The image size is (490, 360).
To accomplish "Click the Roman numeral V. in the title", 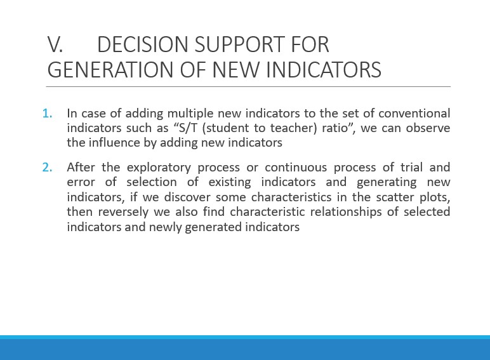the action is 55,44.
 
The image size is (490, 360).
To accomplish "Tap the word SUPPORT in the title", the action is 240,44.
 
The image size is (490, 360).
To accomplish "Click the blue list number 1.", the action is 47,114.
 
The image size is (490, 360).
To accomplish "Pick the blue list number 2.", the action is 47,168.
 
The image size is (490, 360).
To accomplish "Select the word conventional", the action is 414,114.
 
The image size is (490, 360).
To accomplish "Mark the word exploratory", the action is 159,168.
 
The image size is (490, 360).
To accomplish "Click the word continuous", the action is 296,168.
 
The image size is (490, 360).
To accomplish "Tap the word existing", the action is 230,182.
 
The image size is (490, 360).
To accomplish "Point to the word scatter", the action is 395,197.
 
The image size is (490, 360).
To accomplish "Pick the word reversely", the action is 123,212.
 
